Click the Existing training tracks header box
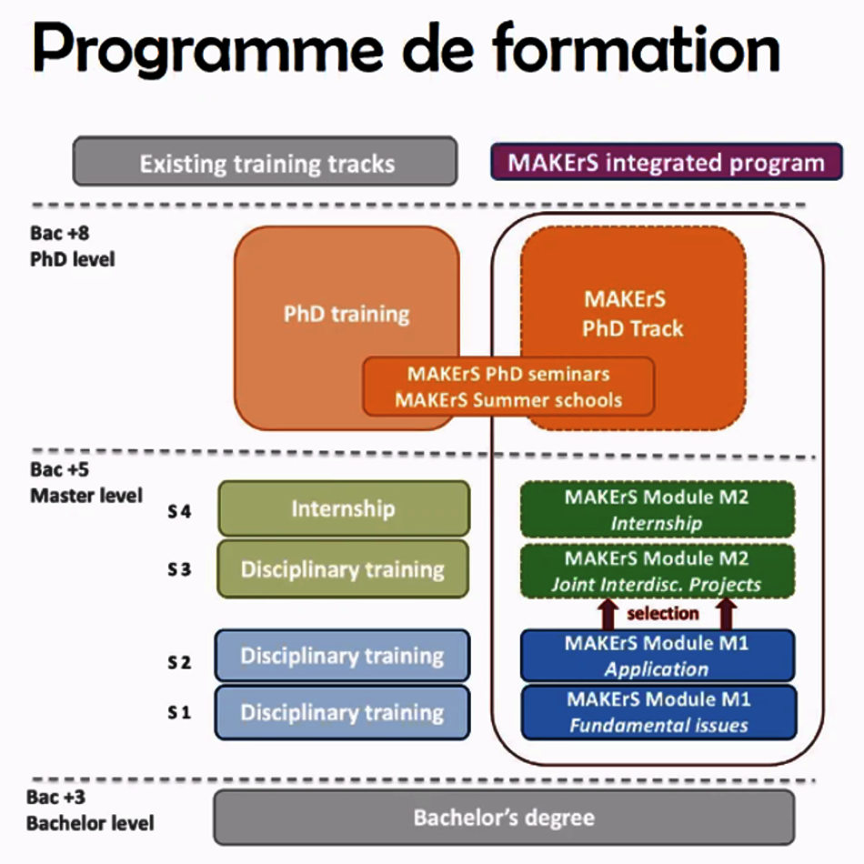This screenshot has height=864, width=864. click(x=265, y=163)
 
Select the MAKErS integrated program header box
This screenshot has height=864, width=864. click(x=666, y=163)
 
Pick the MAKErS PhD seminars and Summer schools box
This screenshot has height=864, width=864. click(x=508, y=387)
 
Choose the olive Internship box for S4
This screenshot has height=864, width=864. click(x=343, y=508)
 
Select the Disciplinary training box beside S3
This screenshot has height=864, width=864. click(x=343, y=569)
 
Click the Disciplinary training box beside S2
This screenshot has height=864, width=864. click(x=343, y=655)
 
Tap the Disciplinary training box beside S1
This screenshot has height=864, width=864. click(x=343, y=712)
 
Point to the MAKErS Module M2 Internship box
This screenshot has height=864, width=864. click(x=657, y=509)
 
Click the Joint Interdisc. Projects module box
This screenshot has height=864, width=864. click(x=657, y=571)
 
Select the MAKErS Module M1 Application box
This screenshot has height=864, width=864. click(x=657, y=656)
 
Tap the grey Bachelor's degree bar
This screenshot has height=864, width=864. click(x=504, y=817)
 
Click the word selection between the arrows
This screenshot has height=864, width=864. click(x=663, y=613)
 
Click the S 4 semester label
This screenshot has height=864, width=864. click(x=179, y=511)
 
